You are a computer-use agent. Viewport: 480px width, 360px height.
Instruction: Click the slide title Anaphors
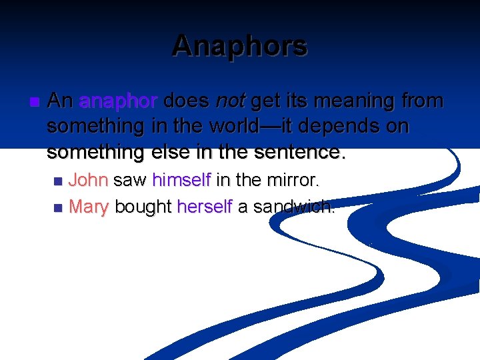(239, 46)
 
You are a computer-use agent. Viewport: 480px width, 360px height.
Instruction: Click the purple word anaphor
(118, 101)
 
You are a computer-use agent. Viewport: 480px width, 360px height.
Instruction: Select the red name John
(89, 180)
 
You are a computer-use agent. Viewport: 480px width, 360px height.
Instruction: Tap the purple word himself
(181, 180)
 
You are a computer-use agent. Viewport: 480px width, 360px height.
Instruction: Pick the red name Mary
(89, 207)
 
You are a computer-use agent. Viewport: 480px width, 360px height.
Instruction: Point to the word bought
(143, 207)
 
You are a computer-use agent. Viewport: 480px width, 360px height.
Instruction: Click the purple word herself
(204, 207)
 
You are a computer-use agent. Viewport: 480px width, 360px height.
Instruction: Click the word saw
(130, 180)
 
